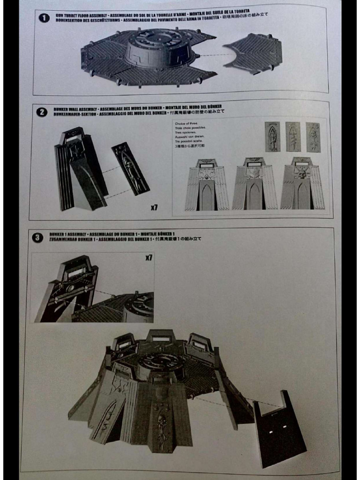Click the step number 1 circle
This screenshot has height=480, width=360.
tap(44, 18)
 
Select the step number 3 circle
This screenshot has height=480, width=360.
tap(37, 238)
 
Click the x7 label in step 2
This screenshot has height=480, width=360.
tap(154, 207)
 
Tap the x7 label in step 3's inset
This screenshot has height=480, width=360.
tap(149, 258)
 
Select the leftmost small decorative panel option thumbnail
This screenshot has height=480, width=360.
tap(272, 137)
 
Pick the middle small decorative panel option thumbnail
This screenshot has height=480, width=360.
tap(293, 137)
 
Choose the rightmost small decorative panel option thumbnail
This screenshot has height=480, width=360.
tap(313, 137)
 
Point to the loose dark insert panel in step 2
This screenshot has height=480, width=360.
tap(130, 168)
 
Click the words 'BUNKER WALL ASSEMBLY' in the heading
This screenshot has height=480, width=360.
tap(70, 107)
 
